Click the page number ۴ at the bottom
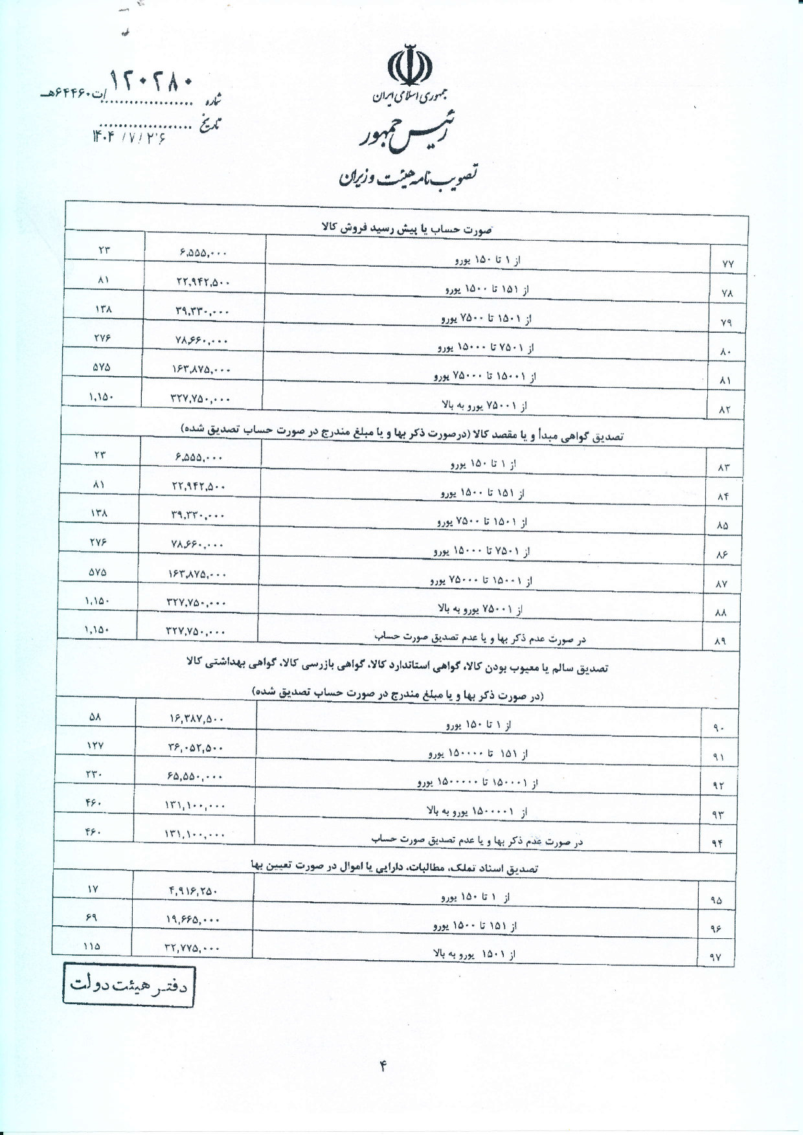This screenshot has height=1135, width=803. pos(383,1066)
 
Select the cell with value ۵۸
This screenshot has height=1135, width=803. pos(95,717)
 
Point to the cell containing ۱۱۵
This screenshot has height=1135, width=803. pos(92,945)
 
